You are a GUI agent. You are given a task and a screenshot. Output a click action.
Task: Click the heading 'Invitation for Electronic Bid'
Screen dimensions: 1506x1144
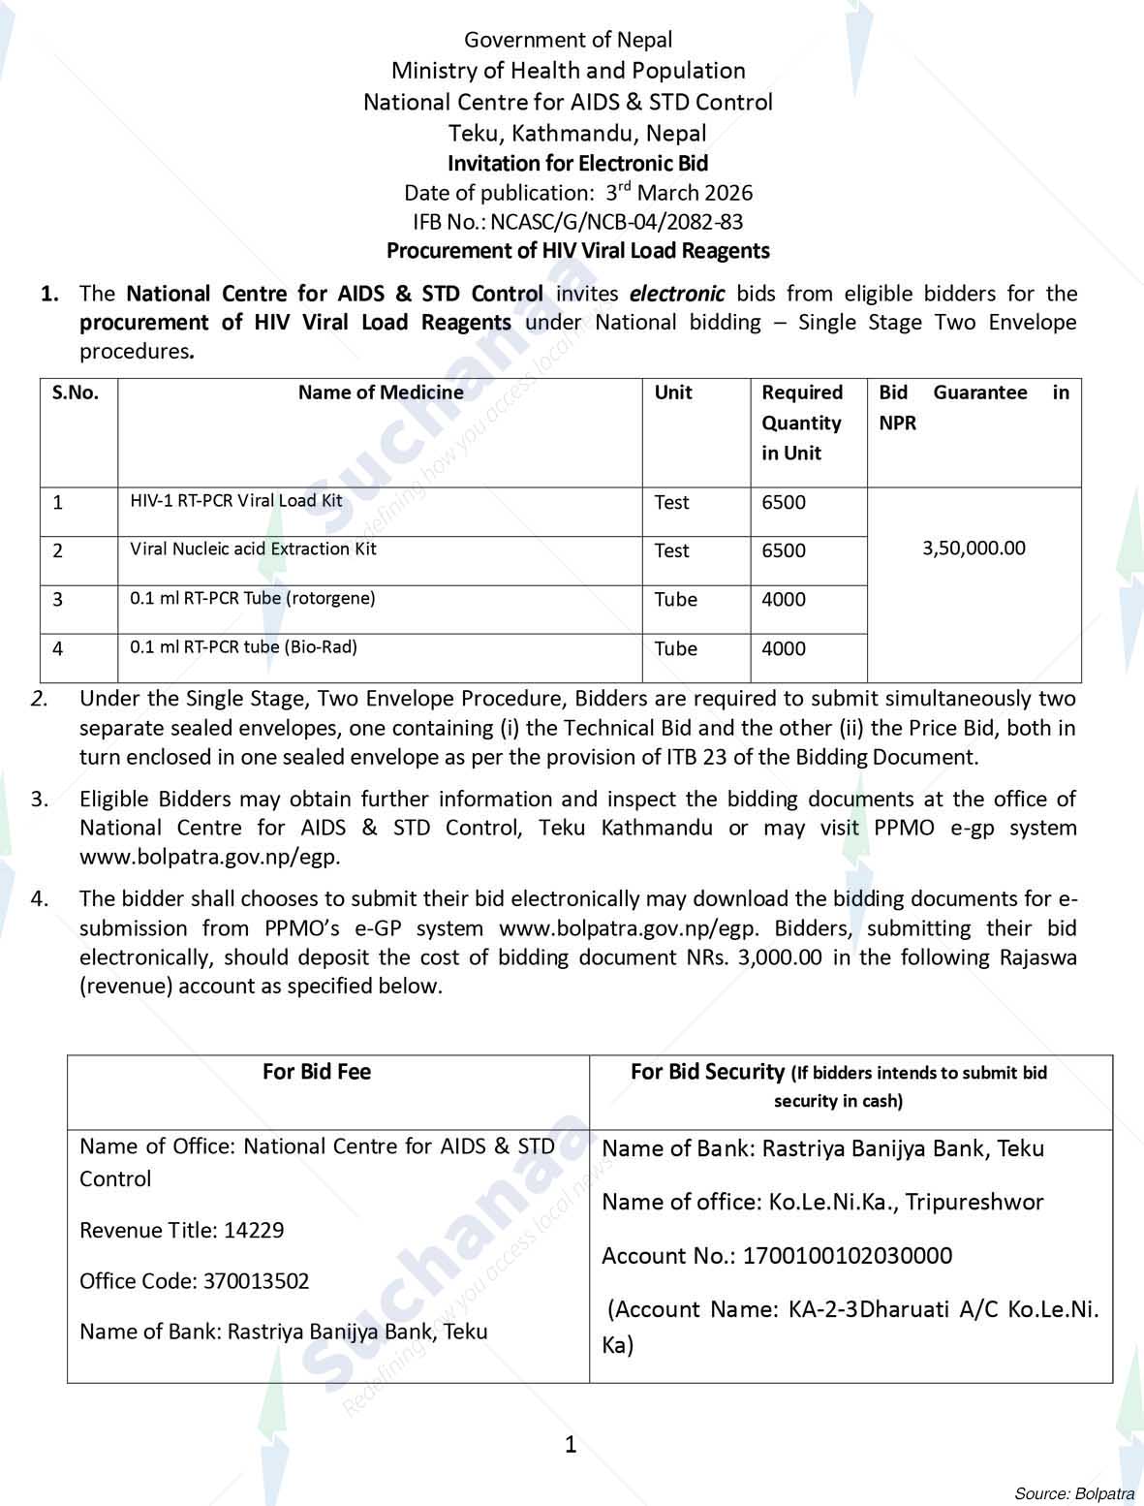click(x=577, y=163)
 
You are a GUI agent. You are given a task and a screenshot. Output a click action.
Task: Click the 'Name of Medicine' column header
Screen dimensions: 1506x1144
click(x=380, y=392)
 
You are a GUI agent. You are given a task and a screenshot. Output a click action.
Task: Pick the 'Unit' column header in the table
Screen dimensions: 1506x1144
click(x=673, y=392)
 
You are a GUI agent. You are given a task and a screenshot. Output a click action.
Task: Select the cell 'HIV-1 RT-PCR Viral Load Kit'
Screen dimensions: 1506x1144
click(x=236, y=501)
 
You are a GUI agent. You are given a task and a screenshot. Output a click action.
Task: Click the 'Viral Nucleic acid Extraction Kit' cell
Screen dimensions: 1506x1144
click(x=253, y=549)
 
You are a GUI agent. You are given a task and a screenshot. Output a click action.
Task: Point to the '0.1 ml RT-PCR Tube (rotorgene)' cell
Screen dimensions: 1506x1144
click(x=252, y=598)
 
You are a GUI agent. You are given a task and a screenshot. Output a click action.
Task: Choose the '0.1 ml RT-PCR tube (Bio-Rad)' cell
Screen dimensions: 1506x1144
click(x=243, y=646)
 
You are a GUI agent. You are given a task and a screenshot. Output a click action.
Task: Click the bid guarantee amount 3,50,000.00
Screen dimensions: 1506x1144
click(x=974, y=549)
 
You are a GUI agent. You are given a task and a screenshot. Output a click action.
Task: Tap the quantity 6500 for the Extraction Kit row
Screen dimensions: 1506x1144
click(x=784, y=550)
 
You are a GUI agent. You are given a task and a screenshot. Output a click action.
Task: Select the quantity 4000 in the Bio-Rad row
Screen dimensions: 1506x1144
click(x=784, y=648)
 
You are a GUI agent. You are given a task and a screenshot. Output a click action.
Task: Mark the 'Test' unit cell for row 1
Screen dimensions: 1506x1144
click(x=671, y=502)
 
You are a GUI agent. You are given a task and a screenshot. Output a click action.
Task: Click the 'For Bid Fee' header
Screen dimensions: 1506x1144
click(x=317, y=1072)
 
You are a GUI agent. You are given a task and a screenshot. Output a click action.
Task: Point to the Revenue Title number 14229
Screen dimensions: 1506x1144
click(x=254, y=1231)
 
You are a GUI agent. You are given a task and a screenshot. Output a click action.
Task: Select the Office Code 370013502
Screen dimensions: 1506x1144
click(x=256, y=1281)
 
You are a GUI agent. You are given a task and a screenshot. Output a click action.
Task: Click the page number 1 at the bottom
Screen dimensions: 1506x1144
click(x=571, y=1445)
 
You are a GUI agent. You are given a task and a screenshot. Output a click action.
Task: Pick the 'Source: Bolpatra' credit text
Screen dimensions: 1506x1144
click(x=1073, y=1492)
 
